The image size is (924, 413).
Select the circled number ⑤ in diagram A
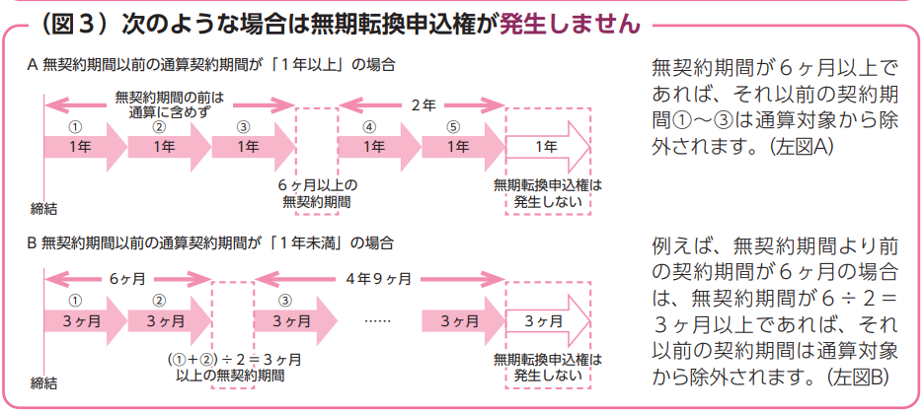[x=453, y=127]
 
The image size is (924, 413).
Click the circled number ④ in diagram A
[x=369, y=127]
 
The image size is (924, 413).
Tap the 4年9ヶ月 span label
[x=380, y=278]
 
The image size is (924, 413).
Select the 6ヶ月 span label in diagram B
[x=127, y=278]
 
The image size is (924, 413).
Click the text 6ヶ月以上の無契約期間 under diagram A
[x=317, y=193]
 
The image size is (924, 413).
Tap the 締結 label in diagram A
[x=45, y=208]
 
